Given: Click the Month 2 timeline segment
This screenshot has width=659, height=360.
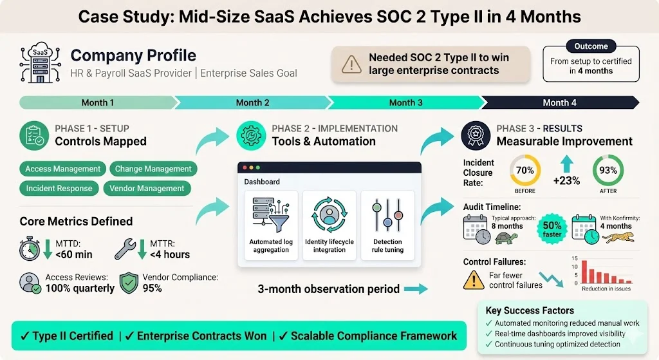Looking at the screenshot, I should coord(252,102).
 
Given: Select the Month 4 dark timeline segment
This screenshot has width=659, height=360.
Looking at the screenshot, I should coord(559,102).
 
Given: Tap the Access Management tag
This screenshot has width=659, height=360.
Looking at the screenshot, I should coord(63,169).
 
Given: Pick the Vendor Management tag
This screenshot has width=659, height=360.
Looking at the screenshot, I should coord(147,189).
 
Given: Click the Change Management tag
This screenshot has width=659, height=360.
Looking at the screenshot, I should coord(153,169).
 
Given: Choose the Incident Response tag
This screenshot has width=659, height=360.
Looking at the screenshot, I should coord(59,189).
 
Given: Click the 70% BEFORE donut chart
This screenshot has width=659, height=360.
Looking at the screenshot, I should coord(525,171).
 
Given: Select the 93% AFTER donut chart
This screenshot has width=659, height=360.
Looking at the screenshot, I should coord(608,171).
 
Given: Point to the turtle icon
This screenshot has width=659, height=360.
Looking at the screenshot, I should coord(507,238).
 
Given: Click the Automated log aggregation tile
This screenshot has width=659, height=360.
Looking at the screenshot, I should coord(270,225).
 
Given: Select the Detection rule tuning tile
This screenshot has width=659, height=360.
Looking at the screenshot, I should coord(387,225).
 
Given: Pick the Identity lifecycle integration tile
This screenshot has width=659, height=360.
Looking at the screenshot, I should coord(329,225).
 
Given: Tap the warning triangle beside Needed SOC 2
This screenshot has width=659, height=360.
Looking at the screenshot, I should coord(351,64).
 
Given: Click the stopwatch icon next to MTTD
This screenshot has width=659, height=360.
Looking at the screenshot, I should coord(30,248).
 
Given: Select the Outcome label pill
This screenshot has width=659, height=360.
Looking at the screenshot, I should coord(591,46).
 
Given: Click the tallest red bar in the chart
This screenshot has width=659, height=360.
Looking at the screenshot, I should coord(584,272).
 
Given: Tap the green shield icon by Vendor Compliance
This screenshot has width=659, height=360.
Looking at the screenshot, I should coord(129,282).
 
